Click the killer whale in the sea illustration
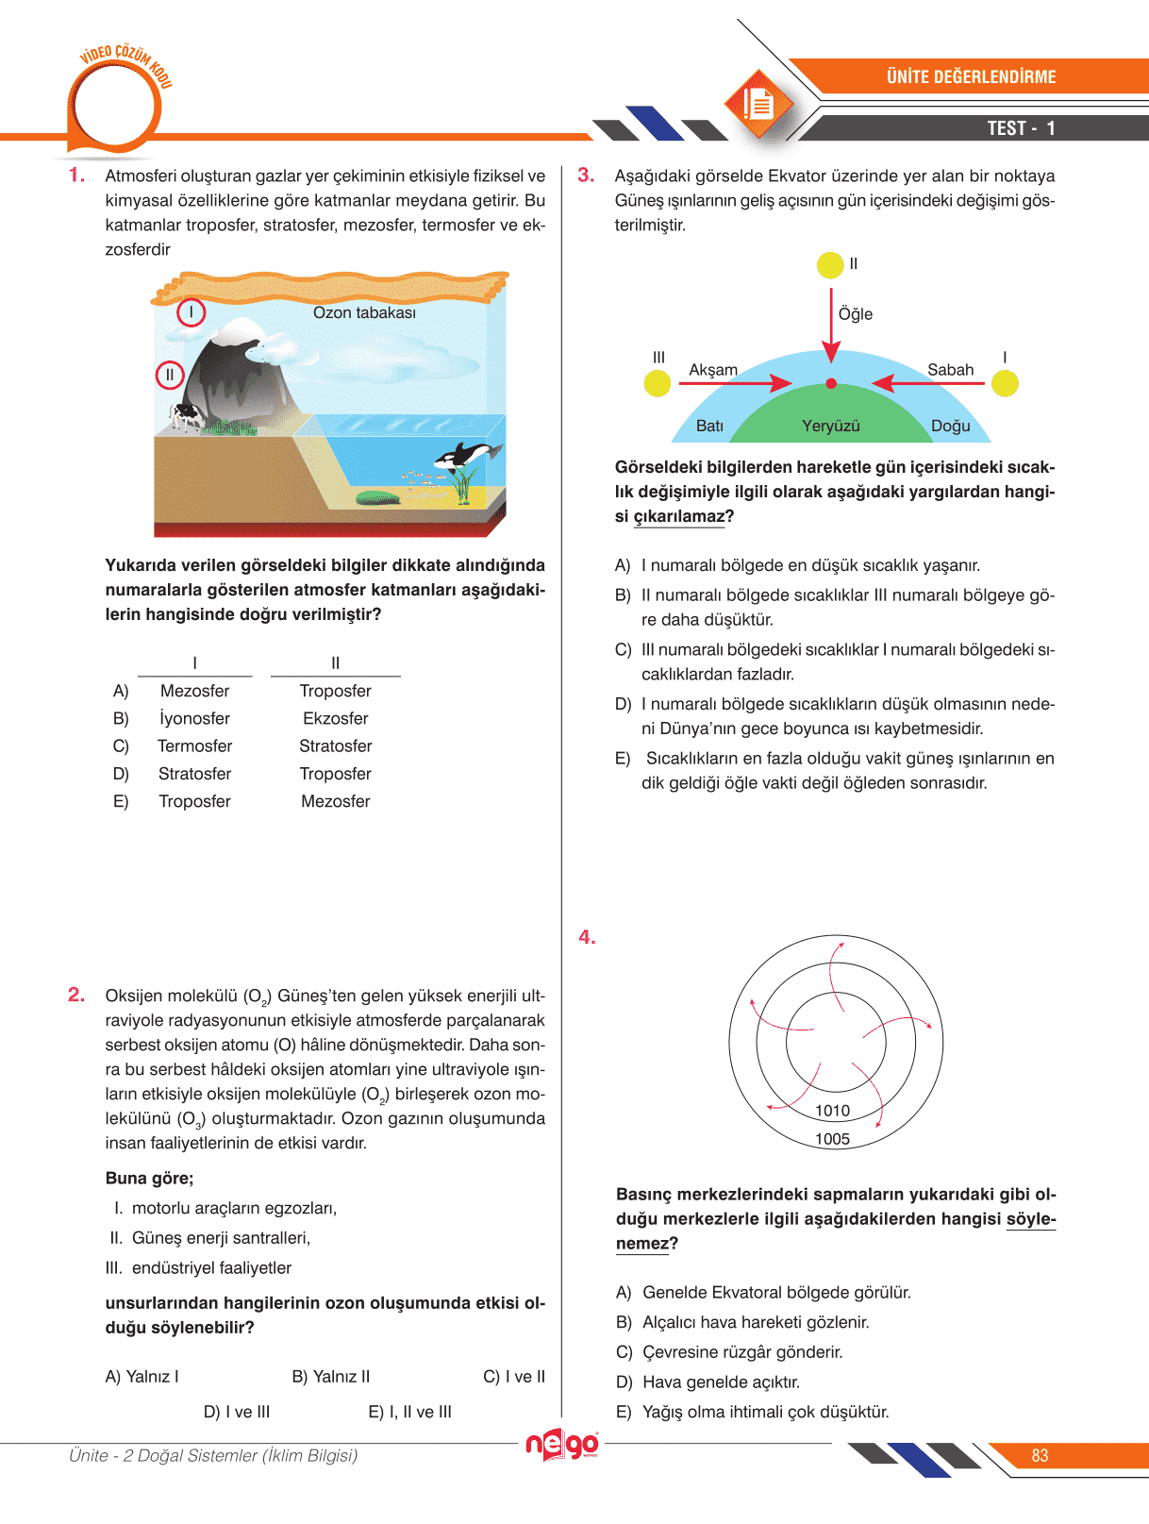pyautogui.click(x=466, y=456)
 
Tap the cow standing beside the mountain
pyautogui.click(x=186, y=415)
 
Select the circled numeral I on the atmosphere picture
pyautogui.click(x=191, y=311)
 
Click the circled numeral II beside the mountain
pyautogui.click(x=170, y=375)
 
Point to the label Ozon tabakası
pyautogui.click(x=364, y=313)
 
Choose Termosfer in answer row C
pyautogui.click(x=195, y=746)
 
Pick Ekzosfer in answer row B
pyautogui.click(x=336, y=719)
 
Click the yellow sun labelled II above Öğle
pyautogui.click(x=830, y=265)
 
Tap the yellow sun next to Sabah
pyautogui.click(x=1005, y=383)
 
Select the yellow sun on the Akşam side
pyautogui.click(x=658, y=383)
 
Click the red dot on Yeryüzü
pyautogui.click(x=831, y=383)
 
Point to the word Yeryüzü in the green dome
pyautogui.click(x=831, y=427)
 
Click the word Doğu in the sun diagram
pyautogui.click(x=951, y=427)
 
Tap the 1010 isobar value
pyautogui.click(x=833, y=1111)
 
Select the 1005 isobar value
pyautogui.click(x=833, y=1139)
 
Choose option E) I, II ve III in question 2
pyautogui.click(x=410, y=1413)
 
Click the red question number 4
pyautogui.click(x=587, y=937)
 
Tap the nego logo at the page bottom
pyautogui.click(x=562, y=1445)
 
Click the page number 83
pyautogui.click(x=1040, y=1456)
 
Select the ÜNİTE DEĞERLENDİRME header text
pyautogui.click(x=971, y=77)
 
